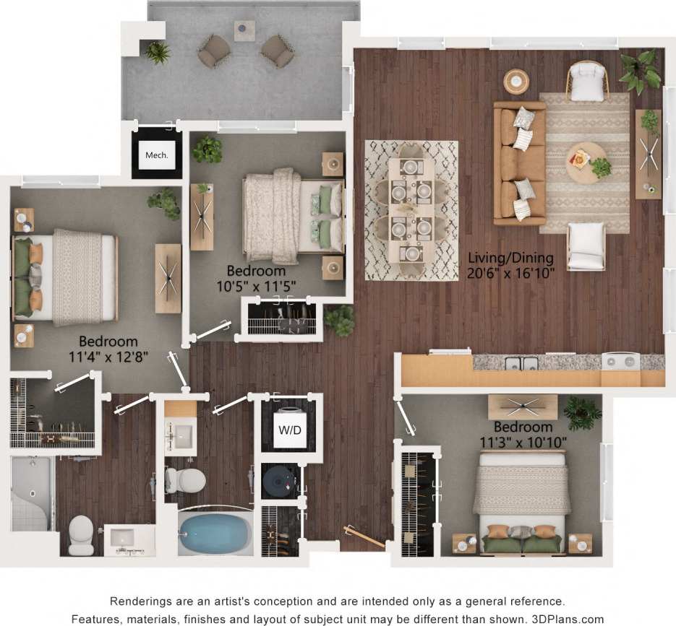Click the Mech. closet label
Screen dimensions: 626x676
[x=156, y=155]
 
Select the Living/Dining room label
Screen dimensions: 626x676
[x=510, y=258]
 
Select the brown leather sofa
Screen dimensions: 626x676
[x=519, y=162]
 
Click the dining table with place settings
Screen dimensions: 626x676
[x=411, y=209]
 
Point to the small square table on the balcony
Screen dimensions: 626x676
[x=244, y=31]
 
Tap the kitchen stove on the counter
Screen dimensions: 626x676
[x=620, y=360]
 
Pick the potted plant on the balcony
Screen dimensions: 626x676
[x=157, y=51]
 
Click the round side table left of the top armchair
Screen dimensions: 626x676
[x=516, y=80]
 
